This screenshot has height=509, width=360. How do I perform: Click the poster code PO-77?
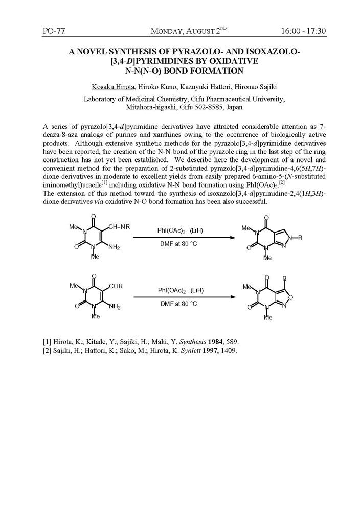click(x=55, y=31)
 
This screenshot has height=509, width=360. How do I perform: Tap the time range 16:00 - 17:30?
click(x=304, y=31)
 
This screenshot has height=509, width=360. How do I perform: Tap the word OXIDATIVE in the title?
click(x=233, y=61)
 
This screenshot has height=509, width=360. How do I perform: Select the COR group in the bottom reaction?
click(x=116, y=286)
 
